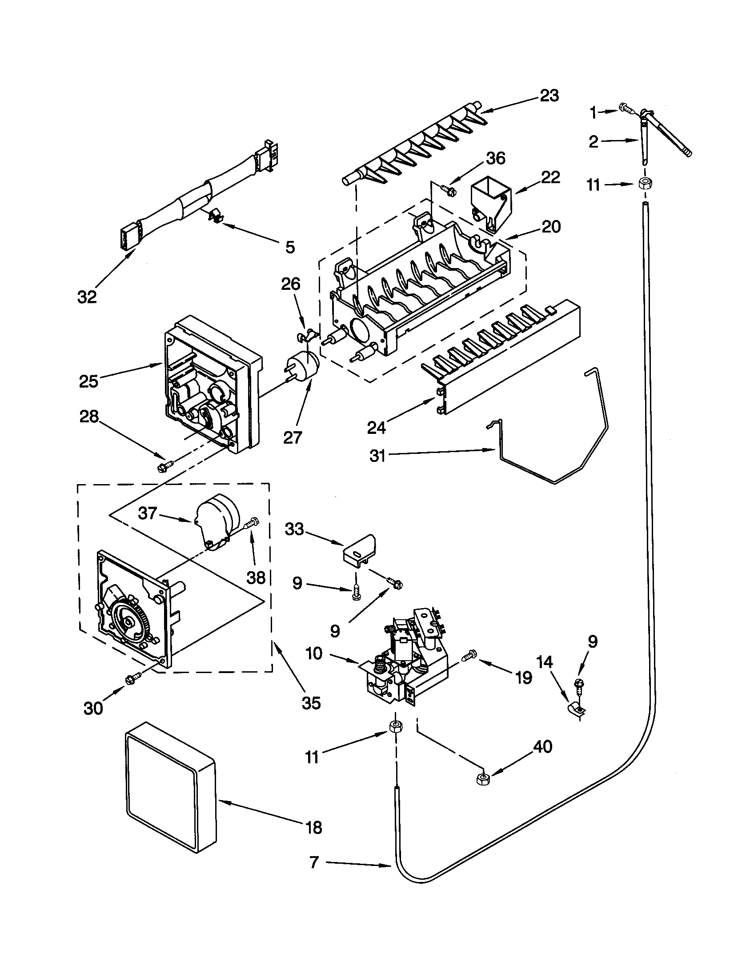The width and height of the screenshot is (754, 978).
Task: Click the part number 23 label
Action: (x=549, y=96)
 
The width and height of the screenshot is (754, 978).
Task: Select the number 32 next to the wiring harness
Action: (x=87, y=297)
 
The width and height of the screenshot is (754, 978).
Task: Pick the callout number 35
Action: (x=311, y=703)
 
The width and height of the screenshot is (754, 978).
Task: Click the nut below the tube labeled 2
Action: (x=644, y=183)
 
